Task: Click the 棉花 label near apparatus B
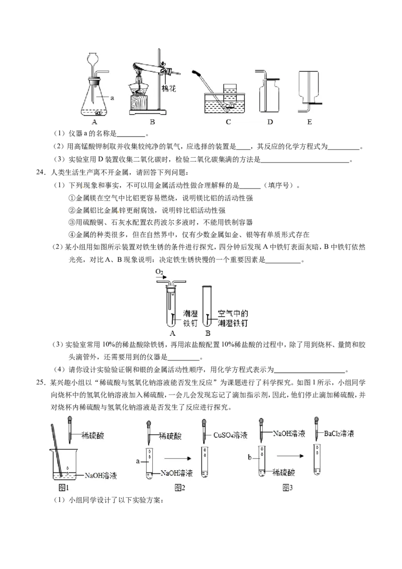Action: point(169,88)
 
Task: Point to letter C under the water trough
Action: point(228,122)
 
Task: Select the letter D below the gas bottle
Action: point(270,122)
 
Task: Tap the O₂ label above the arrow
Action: point(159,272)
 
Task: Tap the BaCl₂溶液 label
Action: point(340,433)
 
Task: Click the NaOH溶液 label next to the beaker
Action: point(100,476)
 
